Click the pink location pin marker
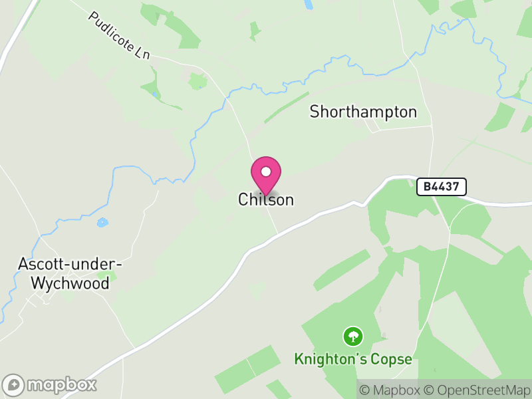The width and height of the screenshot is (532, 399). click(x=266, y=175)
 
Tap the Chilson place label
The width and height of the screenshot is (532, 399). click(x=266, y=199)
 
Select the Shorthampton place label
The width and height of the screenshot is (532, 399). click(x=363, y=112)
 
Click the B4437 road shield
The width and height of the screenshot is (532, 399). click(x=442, y=187)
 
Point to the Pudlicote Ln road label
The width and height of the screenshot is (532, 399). click(x=119, y=37)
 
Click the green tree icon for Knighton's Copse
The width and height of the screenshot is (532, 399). click(x=352, y=336)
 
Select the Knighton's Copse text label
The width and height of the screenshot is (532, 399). click(x=352, y=360)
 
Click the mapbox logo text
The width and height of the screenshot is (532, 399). click(x=62, y=384)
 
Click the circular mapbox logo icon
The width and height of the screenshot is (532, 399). click(x=14, y=385)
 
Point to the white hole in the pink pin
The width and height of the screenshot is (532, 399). click(x=266, y=172)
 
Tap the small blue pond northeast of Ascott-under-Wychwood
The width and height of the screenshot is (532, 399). click(x=101, y=223)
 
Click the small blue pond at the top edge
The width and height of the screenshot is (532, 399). click(x=308, y=5)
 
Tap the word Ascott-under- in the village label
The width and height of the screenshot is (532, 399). click(x=68, y=265)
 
